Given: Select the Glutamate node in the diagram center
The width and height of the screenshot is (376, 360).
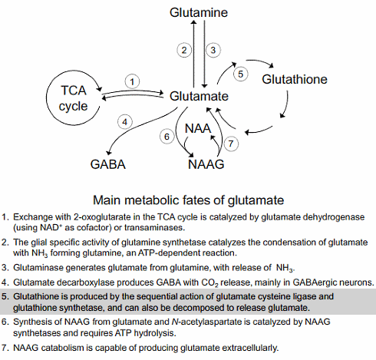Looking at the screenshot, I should (199, 97).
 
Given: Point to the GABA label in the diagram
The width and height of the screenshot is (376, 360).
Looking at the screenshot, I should (108, 164).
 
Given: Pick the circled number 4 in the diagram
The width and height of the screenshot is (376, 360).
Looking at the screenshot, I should (125, 121).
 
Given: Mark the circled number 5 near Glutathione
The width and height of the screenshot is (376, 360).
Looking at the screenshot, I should (240, 74).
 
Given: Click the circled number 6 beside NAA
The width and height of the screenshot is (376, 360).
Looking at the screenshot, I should (166, 136).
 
